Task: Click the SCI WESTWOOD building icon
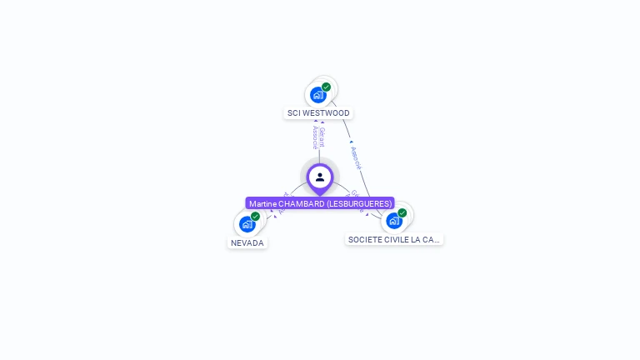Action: (317, 95)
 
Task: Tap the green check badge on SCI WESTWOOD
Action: (326, 87)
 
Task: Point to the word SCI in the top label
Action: (294, 113)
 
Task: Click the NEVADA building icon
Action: (247, 224)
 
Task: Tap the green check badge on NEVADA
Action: (255, 217)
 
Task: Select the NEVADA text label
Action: (247, 243)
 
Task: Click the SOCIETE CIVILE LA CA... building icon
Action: (393, 221)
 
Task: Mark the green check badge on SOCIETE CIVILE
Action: (402, 213)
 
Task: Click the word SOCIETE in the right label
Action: (364, 240)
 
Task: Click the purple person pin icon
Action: (320, 177)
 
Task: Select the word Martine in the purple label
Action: (262, 203)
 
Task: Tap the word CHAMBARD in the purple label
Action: (301, 203)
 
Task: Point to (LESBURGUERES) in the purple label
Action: (358, 203)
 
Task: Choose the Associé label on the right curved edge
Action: (357, 157)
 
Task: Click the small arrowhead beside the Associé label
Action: (351, 142)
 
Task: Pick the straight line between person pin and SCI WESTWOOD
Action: (319, 155)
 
